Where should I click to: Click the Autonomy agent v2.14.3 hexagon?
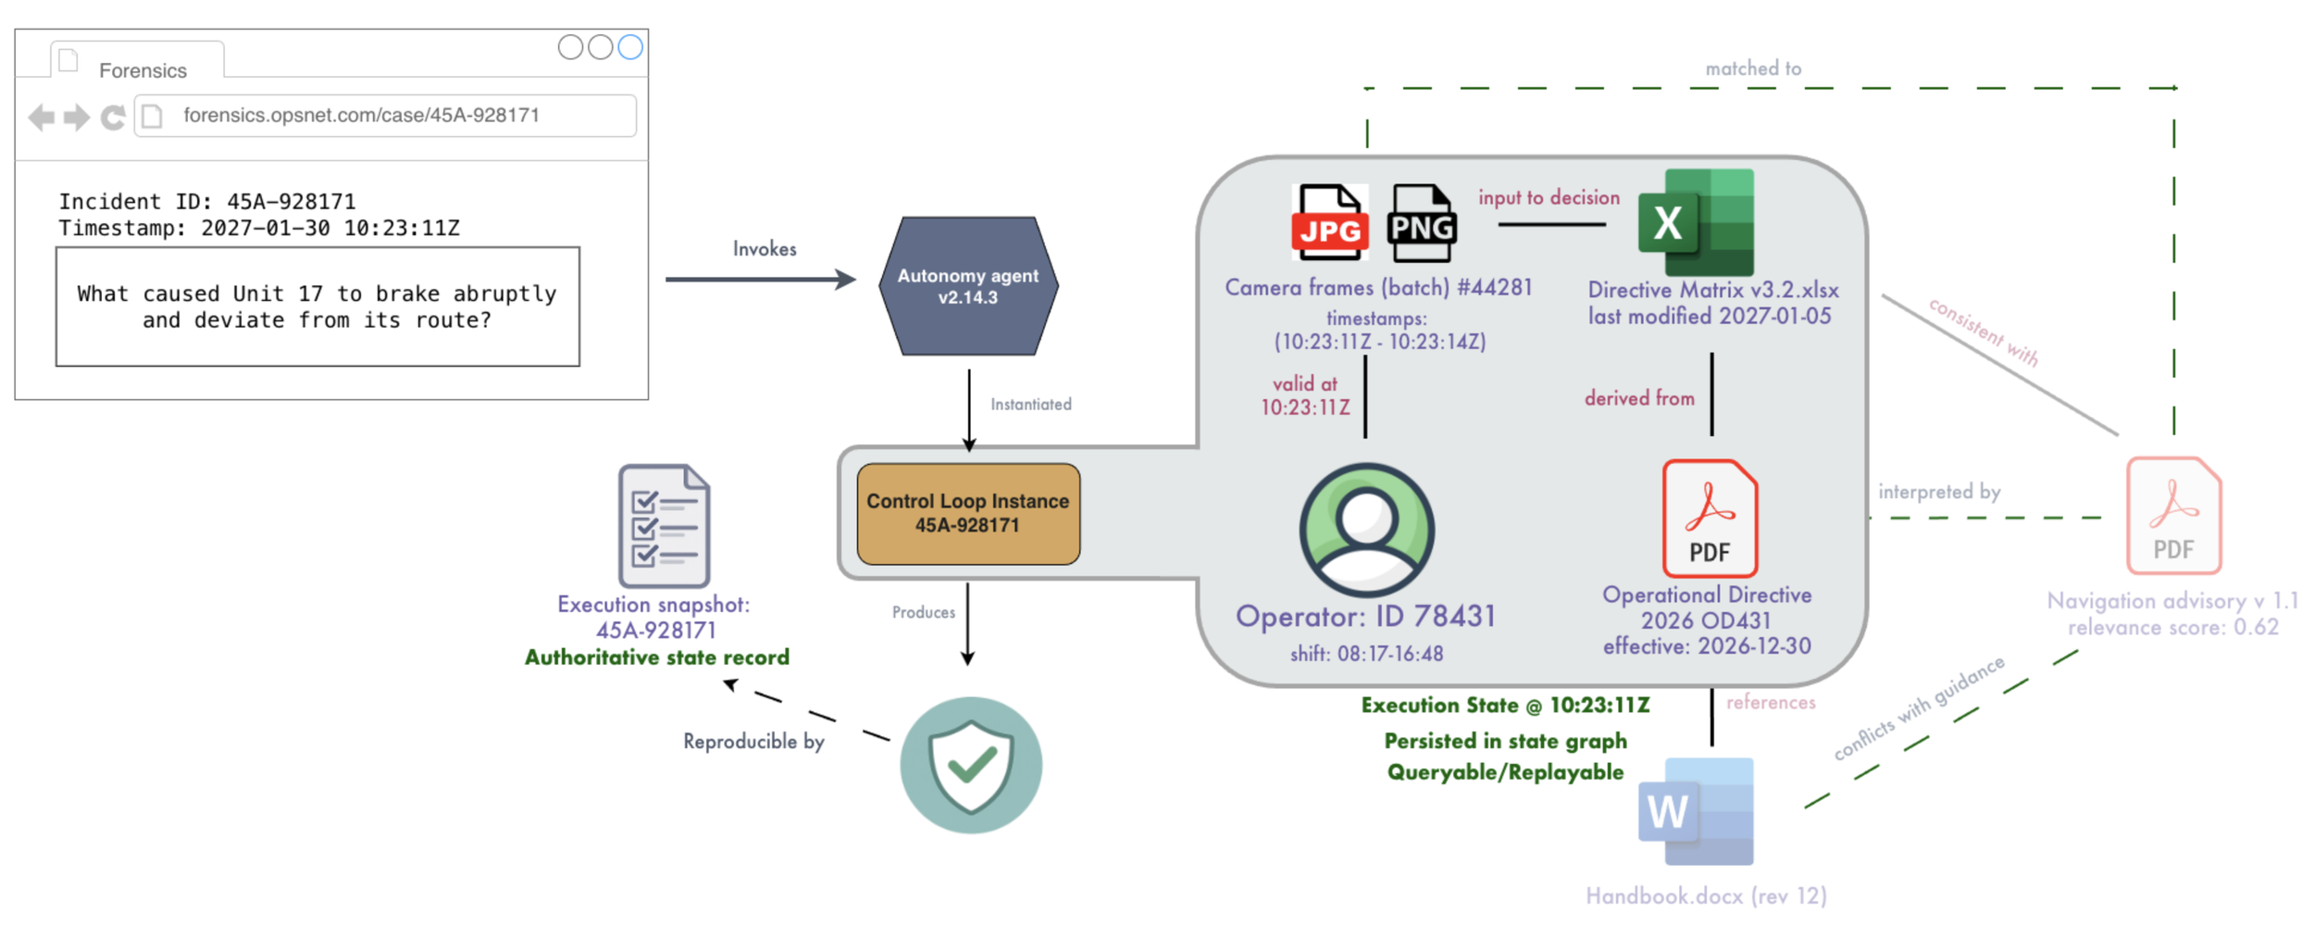point(968,286)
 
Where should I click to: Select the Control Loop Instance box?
point(968,514)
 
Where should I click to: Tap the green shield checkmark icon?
point(971,765)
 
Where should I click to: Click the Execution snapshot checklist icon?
point(664,526)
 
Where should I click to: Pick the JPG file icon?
point(1329,223)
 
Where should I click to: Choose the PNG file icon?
point(1422,223)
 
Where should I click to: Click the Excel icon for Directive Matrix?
point(1696,222)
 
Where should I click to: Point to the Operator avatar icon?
point(1366,530)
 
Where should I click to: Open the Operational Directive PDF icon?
point(1710,519)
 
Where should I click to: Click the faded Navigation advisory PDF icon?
point(2173,516)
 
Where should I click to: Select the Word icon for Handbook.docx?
point(1696,811)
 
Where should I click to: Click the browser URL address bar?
point(385,116)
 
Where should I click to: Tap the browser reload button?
point(113,118)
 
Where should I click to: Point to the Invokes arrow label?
point(765,249)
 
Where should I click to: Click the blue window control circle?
point(630,47)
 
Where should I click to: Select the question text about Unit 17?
point(317,306)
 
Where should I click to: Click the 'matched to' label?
point(1753,69)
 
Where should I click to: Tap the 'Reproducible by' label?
point(753,742)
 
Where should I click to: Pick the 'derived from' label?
point(1639,398)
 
